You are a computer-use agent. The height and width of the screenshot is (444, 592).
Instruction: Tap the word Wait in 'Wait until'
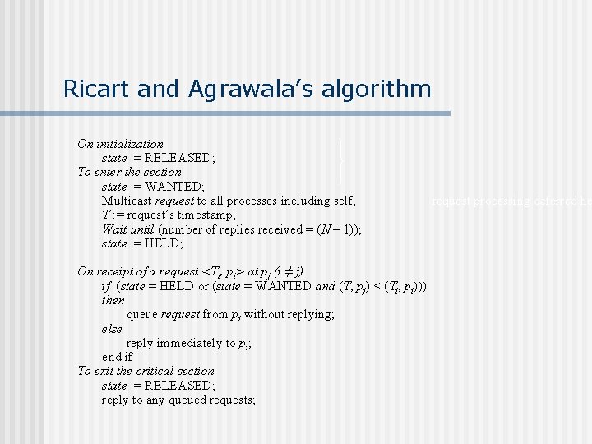click(114, 229)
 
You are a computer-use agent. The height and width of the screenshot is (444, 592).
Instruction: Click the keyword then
click(113, 300)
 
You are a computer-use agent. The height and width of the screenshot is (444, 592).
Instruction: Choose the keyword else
click(112, 329)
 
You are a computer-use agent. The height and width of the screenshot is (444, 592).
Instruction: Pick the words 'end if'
click(117, 357)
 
